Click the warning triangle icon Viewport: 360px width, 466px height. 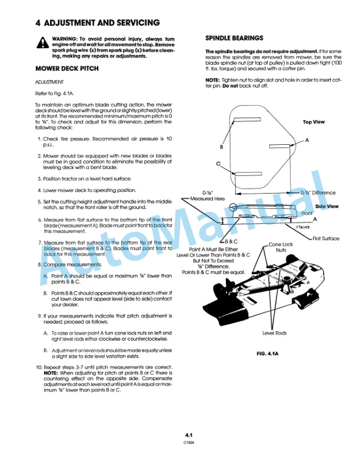(x=42, y=42)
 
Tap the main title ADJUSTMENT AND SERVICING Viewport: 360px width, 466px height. (x=97, y=23)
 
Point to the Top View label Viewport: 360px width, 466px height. (x=314, y=122)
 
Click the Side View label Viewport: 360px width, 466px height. (x=326, y=207)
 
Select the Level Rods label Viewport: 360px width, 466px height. (x=274, y=333)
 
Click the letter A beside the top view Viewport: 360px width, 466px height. (x=307, y=139)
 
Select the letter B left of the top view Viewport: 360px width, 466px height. (x=221, y=147)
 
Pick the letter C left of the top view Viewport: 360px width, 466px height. (x=218, y=164)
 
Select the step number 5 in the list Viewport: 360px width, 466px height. (x=39, y=201)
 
